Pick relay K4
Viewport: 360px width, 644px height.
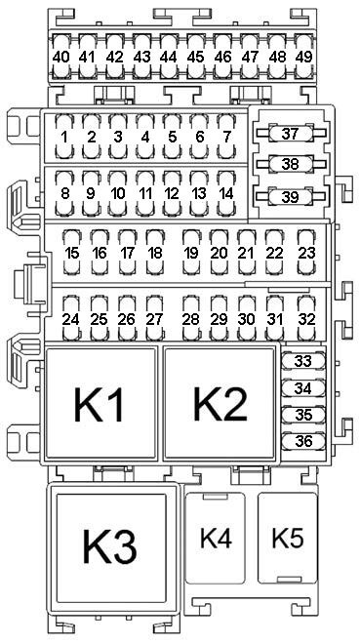(215, 538)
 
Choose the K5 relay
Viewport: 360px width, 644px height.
(288, 538)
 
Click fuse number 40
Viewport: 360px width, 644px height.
(61, 57)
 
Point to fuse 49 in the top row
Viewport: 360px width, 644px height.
(303, 57)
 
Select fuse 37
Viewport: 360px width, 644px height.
(291, 133)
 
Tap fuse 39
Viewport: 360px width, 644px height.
(291, 196)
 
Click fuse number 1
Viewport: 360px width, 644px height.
(64, 137)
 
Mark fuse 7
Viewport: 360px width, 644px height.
(226, 137)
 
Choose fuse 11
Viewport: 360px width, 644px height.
(145, 193)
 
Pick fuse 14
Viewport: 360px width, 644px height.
(226, 193)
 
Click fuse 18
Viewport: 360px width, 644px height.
(155, 252)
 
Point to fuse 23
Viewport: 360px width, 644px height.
(306, 252)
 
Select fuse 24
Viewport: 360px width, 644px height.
(71, 318)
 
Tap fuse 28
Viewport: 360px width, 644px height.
(191, 318)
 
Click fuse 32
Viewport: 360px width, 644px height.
(306, 318)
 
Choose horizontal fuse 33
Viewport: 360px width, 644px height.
(303, 361)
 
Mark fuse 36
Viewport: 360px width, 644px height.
(303, 441)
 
